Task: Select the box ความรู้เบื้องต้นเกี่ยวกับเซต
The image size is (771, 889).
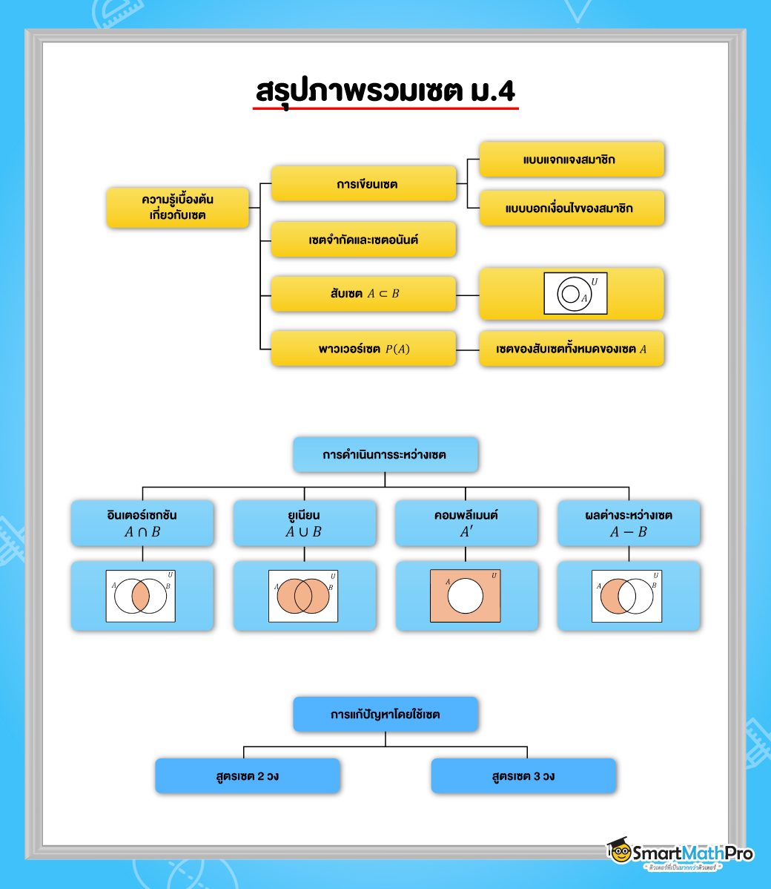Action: click(x=177, y=207)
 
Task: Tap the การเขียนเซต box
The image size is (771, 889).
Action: click(x=363, y=184)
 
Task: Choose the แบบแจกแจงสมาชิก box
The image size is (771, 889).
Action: click(x=571, y=160)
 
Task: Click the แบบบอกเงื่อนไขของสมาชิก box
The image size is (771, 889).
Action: click(x=571, y=208)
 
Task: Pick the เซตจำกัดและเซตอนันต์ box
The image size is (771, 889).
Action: click(x=363, y=240)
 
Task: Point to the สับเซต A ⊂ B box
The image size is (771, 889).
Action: click(x=363, y=294)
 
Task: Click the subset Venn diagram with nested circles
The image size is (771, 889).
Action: click(x=575, y=294)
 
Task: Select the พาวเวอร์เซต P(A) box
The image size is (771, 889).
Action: click(x=363, y=349)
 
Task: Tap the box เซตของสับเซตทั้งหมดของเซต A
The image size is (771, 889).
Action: click(x=571, y=349)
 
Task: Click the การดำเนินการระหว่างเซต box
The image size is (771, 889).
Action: click(x=385, y=455)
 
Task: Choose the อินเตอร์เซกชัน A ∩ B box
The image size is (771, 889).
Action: click(x=142, y=523)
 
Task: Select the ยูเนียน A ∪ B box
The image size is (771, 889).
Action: click(x=304, y=523)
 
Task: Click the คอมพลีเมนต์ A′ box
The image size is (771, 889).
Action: click(x=466, y=523)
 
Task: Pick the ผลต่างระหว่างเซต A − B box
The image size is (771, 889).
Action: click(x=628, y=523)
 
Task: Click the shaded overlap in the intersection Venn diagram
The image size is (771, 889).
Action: click(x=141, y=596)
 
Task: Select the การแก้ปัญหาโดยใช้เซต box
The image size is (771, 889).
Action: click(x=385, y=715)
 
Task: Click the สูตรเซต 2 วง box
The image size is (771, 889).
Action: click(x=248, y=776)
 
